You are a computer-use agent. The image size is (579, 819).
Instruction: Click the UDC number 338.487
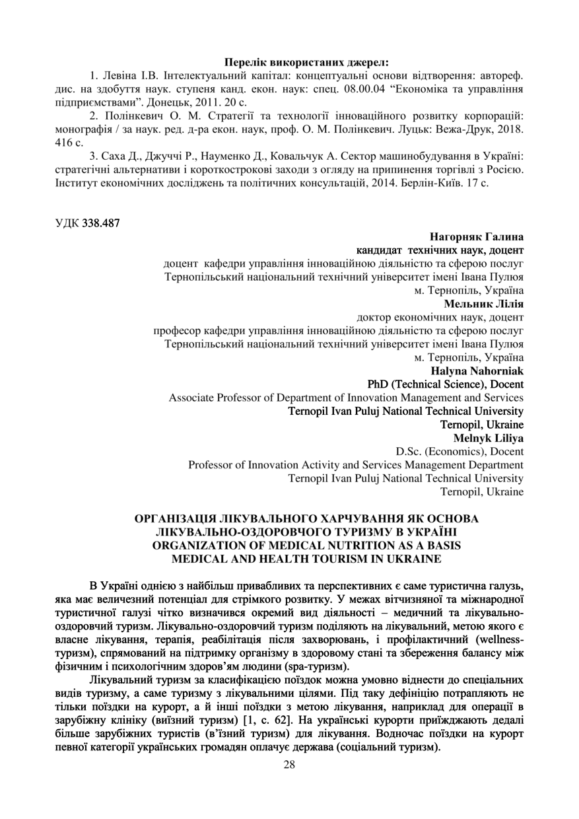click(x=101, y=223)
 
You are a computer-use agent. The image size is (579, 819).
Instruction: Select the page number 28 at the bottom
click(x=289, y=765)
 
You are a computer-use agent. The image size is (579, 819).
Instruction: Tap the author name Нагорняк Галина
click(x=477, y=236)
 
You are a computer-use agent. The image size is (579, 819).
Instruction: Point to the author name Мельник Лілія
click(x=484, y=304)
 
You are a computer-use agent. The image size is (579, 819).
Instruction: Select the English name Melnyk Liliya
click(x=489, y=438)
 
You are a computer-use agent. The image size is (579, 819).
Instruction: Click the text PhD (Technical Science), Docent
click(x=445, y=384)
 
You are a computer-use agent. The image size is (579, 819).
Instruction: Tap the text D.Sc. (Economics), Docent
click(x=460, y=452)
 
